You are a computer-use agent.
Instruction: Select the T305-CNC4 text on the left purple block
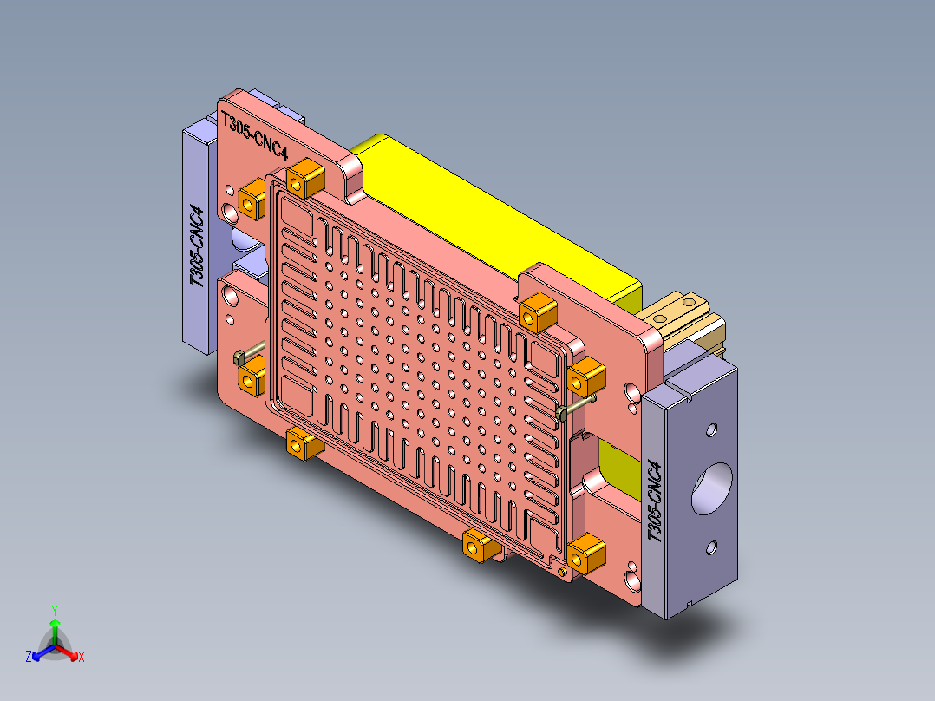(x=198, y=246)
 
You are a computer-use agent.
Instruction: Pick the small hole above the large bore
(x=712, y=429)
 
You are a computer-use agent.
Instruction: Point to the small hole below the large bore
(x=711, y=547)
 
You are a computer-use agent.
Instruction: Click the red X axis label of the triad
(x=82, y=658)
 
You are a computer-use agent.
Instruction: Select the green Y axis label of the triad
(x=54, y=609)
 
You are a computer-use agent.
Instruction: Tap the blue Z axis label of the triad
(x=29, y=657)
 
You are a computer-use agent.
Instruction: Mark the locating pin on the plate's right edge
(x=576, y=406)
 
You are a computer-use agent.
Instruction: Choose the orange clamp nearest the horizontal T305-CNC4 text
(x=304, y=178)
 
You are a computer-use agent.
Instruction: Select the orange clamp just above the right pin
(x=585, y=375)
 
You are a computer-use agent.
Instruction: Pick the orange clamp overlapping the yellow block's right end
(x=538, y=308)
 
